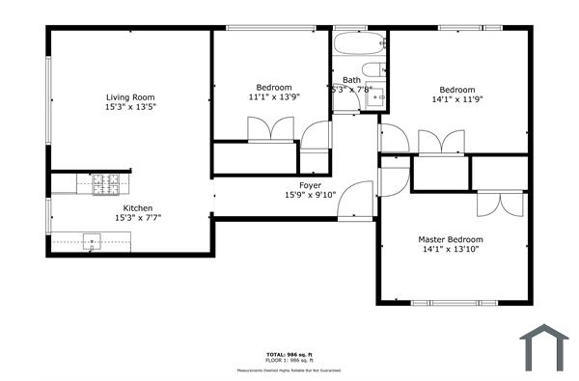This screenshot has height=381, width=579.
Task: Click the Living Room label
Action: [130, 96]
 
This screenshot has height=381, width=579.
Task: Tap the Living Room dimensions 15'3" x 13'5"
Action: [130, 107]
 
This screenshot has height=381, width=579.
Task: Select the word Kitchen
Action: [137, 207]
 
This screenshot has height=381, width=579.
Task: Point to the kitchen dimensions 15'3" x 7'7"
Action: [137, 218]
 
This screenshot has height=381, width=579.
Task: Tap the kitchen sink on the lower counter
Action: [93, 240]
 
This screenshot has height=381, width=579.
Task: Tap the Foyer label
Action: [309, 184]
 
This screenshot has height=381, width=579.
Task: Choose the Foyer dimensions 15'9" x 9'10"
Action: [309, 195]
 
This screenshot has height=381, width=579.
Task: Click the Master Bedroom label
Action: [450, 239]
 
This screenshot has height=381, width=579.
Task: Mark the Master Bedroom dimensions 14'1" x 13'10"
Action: [450, 250]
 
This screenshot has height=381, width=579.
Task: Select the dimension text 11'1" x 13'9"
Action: [273, 97]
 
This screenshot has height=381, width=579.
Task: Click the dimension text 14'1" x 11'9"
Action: [456, 97]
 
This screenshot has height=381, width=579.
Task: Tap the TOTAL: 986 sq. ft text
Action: [289, 354]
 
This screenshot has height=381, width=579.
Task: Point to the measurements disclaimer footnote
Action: [289, 370]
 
